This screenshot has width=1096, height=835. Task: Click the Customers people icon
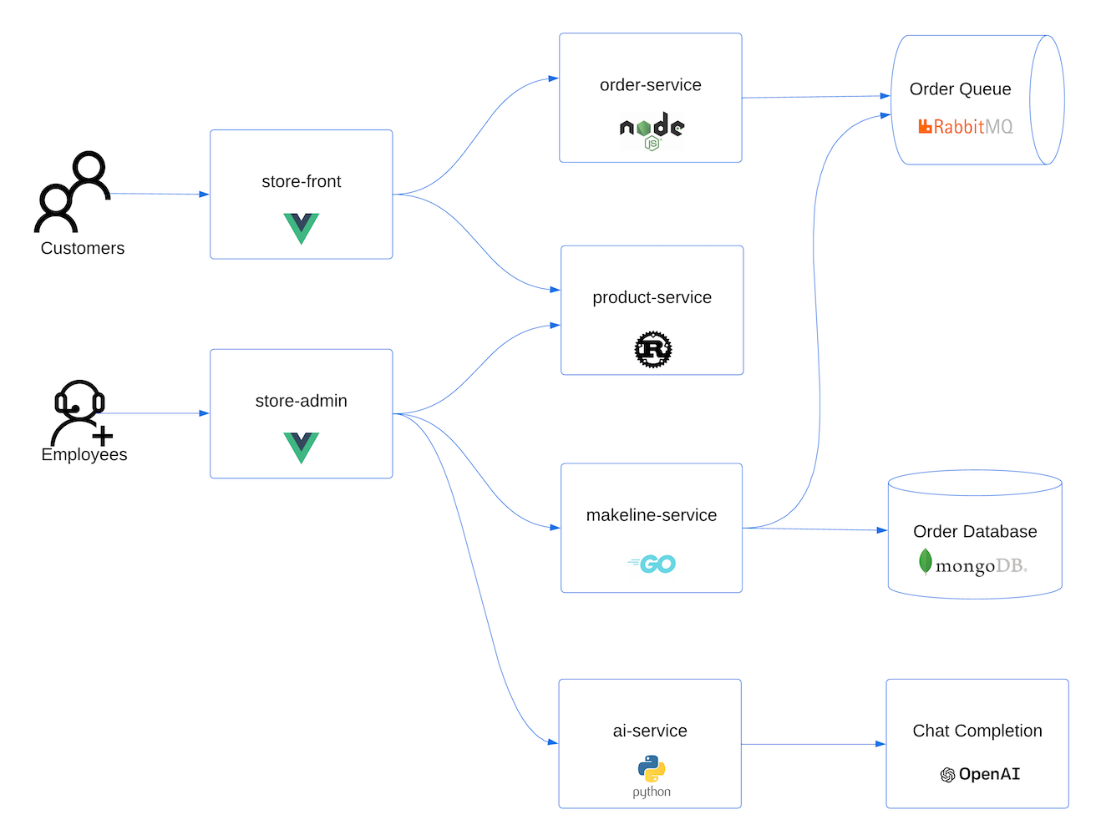click(73, 192)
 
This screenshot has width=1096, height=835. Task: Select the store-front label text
click(301, 181)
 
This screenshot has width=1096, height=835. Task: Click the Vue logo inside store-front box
click(301, 227)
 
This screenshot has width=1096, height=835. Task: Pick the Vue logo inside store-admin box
click(301, 447)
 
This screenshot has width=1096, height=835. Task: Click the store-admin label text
click(301, 401)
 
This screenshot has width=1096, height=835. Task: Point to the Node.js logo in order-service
click(652, 131)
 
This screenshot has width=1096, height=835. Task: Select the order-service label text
click(650, 85)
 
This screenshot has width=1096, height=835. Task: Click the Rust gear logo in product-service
click(652, 349)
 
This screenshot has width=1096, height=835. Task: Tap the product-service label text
click(652, 297)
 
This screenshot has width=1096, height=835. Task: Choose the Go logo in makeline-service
click(652, 564)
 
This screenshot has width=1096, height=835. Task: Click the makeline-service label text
click(651, 515)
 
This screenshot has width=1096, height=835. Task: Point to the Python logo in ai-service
click(651, 776)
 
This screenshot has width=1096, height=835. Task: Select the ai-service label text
click(649, 731)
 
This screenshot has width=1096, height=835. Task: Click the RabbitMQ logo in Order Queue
click(965, 127)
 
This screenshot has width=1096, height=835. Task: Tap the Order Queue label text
click(960, 89)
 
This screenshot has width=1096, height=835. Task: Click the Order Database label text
click(975, 531)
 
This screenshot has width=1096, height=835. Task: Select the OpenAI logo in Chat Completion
click(979, 774)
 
